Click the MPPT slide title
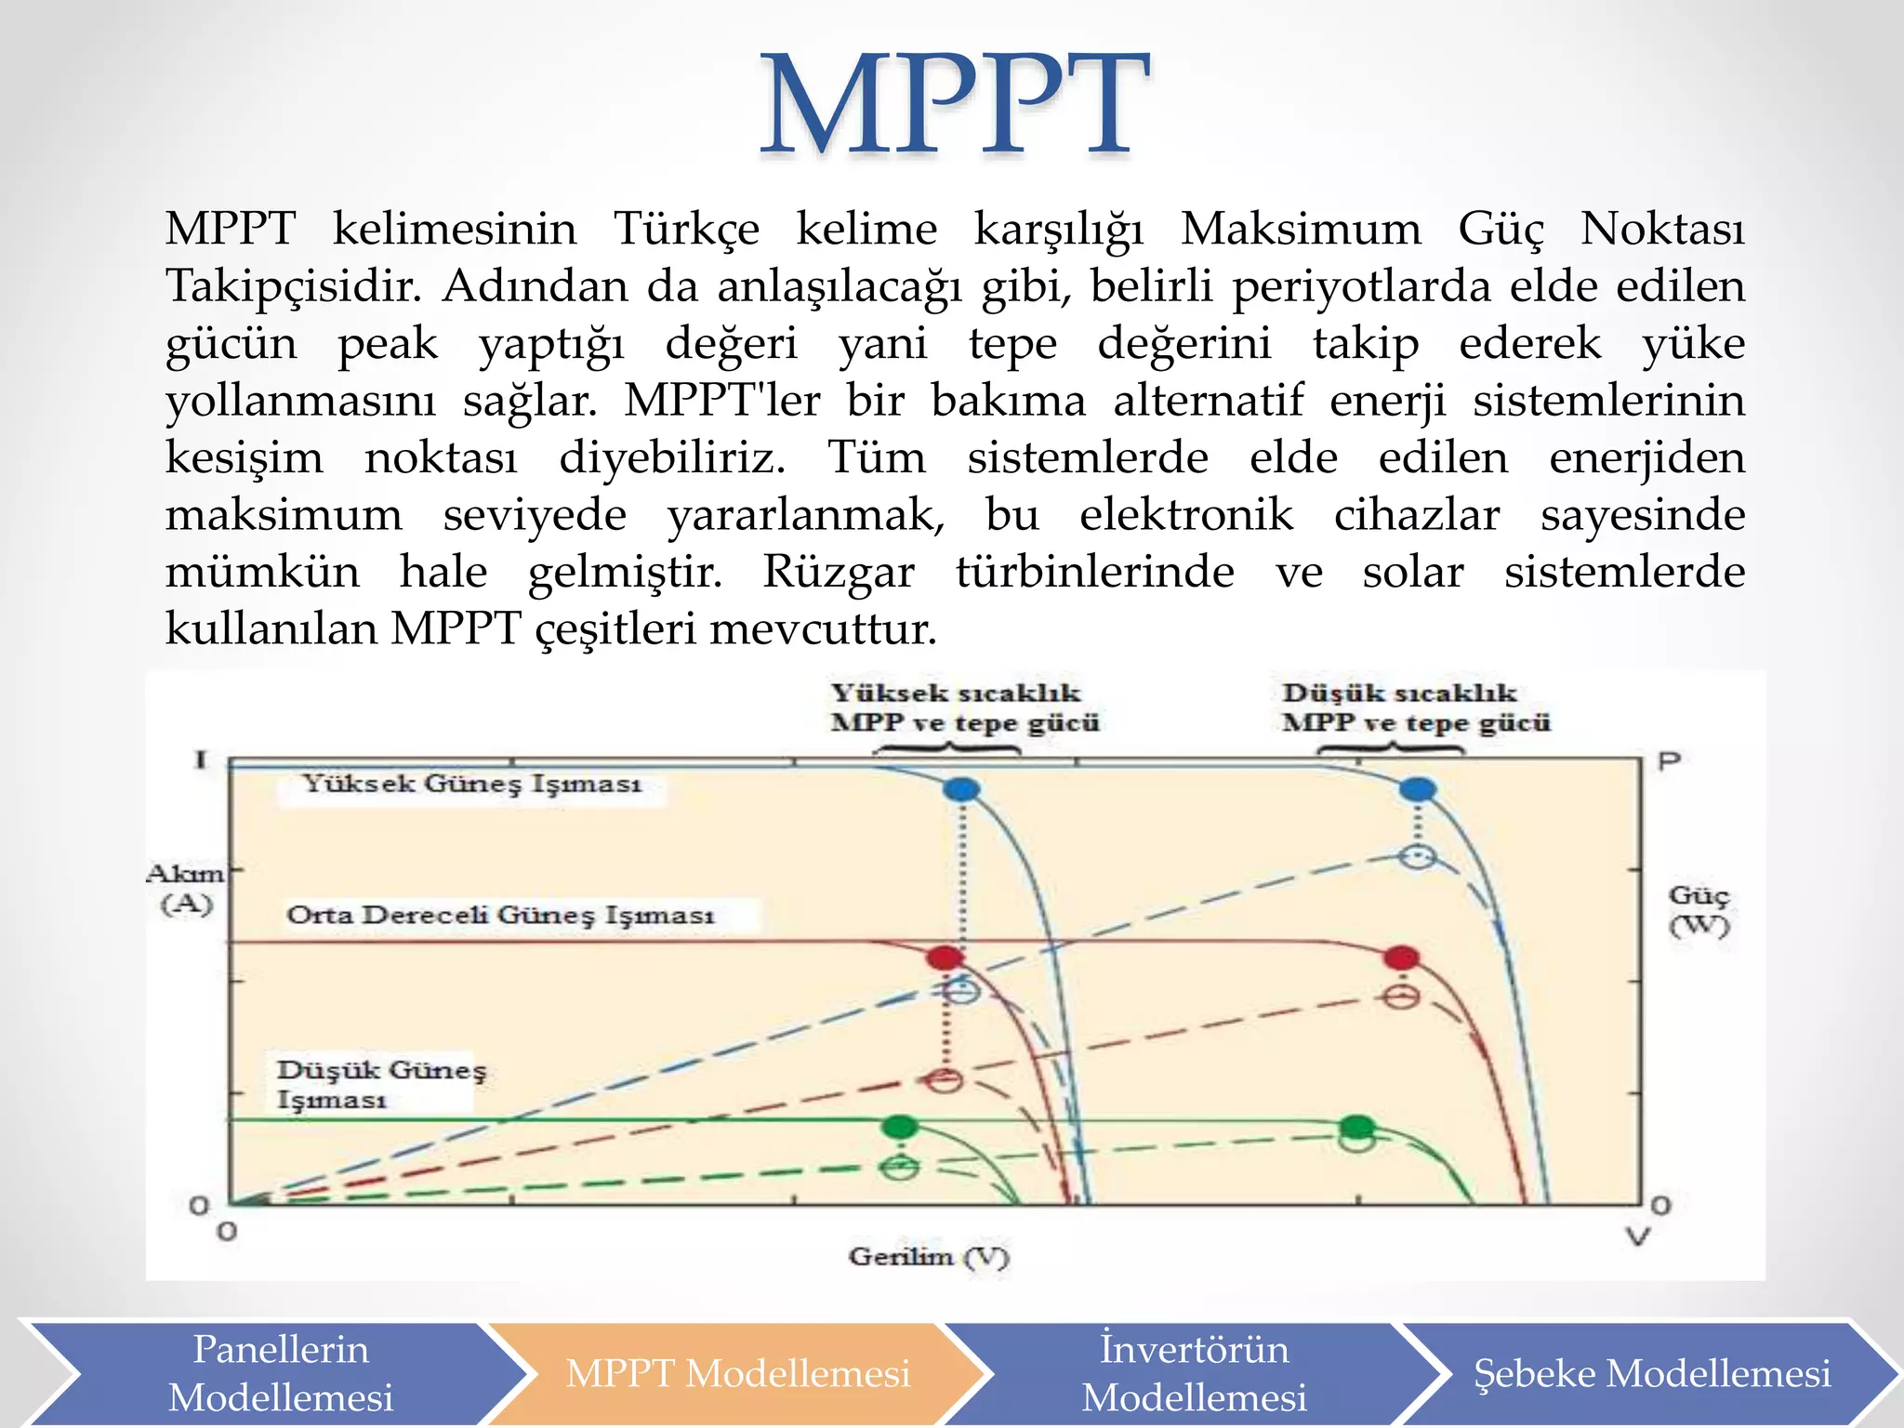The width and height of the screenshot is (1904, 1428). [955, 105]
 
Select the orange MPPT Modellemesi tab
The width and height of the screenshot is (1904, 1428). [736, 1373]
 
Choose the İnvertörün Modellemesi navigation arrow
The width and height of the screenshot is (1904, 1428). [1194, 1373]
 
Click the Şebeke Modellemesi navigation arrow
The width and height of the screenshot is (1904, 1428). [1651, 1373]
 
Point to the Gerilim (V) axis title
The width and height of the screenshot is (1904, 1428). [928, 1257]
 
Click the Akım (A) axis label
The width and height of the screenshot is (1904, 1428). [186, 889]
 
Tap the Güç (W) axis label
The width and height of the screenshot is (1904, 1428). [1699, 910]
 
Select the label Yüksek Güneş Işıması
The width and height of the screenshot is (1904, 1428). [471, 784]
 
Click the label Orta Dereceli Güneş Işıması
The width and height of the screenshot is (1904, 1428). [500, 915]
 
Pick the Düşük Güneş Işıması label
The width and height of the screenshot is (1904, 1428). [380, 1084]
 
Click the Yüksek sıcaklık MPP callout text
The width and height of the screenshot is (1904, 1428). [964, 707]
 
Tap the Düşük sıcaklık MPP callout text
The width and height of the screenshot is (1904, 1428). [1415, 707]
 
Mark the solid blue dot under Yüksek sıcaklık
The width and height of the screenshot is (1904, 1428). [962, 790]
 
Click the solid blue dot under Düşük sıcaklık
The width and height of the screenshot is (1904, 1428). [1418, 790]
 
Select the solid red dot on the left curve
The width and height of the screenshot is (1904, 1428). [945, 958]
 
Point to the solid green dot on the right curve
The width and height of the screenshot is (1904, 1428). [1358, 1127]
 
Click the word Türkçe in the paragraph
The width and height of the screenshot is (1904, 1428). [686, 229]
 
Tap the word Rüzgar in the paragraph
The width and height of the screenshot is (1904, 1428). [839, 572]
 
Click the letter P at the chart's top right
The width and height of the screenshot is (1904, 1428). [1669, 762]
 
